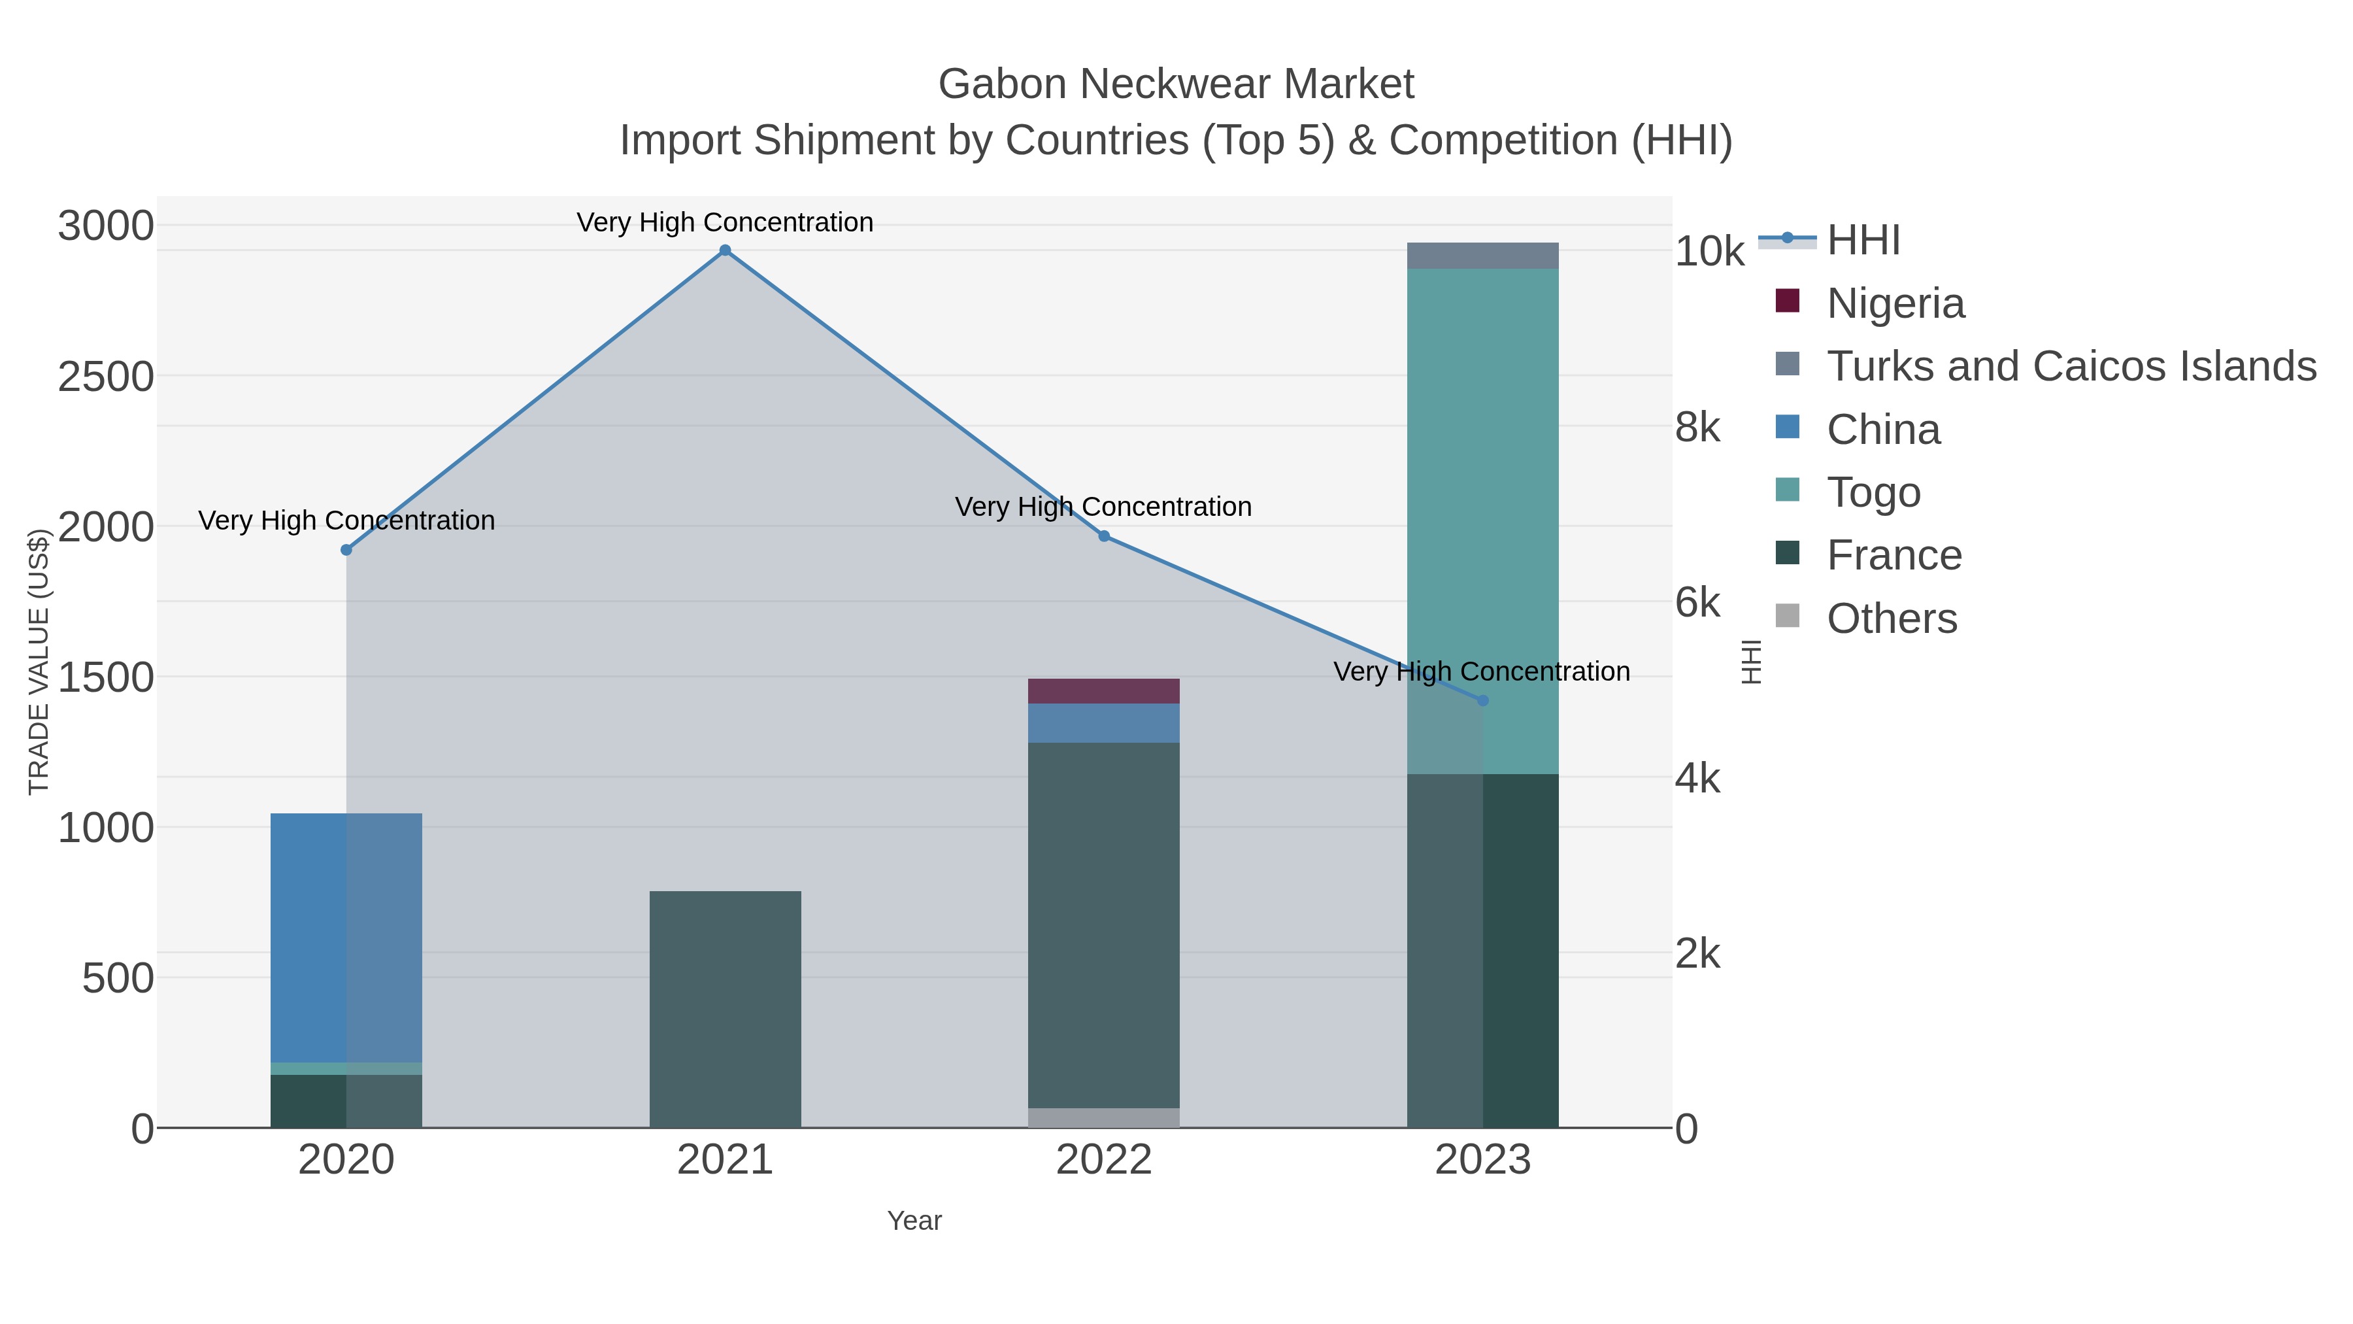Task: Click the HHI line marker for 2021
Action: [x=726, y=250]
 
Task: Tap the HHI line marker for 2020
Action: [x=346, y=550]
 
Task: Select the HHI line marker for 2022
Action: [x=1103, y=536]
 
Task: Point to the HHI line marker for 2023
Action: [x=1482, y=701]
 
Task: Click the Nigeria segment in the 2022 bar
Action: [x=1103, y=691]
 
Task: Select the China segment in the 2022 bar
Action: [x=1103, y=722]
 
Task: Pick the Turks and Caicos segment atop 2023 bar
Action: [x=1482, y=256]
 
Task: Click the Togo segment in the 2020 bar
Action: [x=346, y=1068]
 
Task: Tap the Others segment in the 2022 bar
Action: [x=1103, y=1117]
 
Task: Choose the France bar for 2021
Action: [x=726, y=1009]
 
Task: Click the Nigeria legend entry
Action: [x=1895, y=303]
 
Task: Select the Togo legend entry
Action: [x=1873, y=492]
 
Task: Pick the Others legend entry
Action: [x=1892, y=619]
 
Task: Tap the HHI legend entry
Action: [x=1863, y=241]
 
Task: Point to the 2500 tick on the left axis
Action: [x=106, y=377]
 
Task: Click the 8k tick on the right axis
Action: [x=1697, y=427]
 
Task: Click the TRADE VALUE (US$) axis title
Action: [x=39, y=662]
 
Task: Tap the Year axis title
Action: [x=914, y=1221]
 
